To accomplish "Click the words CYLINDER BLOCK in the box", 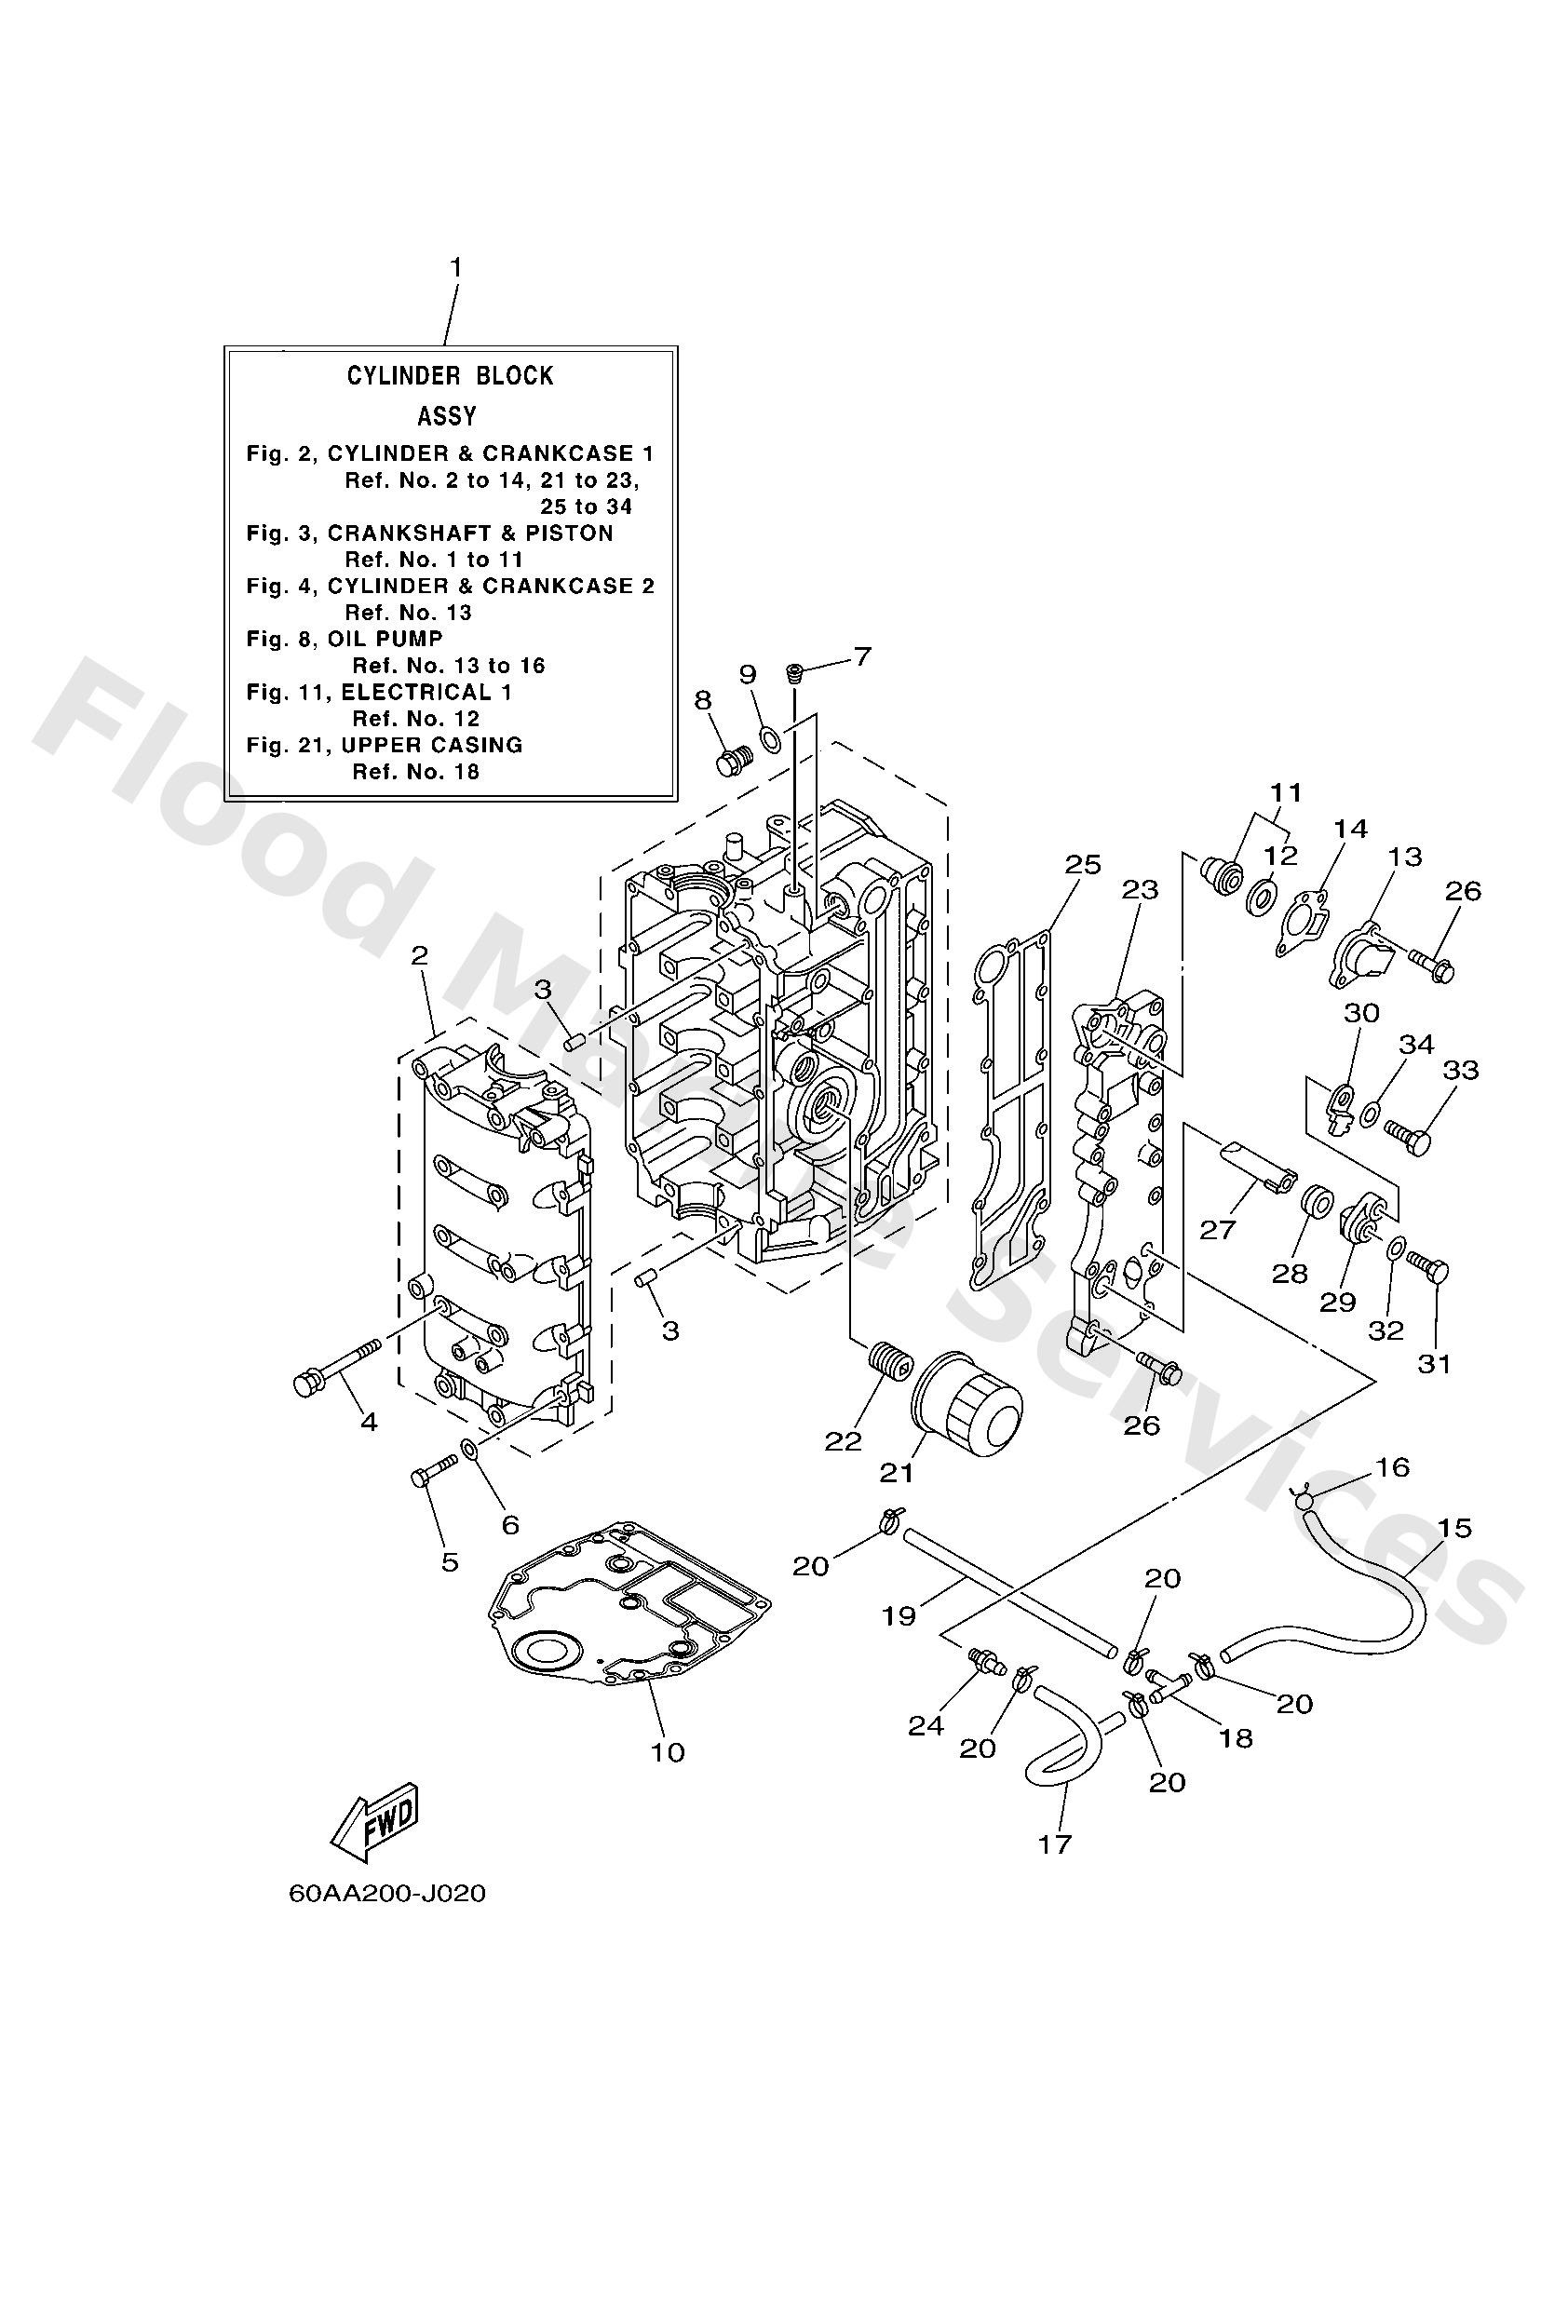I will click(449, 375).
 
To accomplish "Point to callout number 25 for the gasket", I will click(1082, 864).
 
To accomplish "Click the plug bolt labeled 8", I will click(734, 762).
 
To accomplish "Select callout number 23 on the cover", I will click(1140, 889).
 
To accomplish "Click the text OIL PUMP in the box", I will click(385, 639).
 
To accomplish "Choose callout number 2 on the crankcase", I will click(419, 956).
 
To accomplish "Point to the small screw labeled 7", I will click(794, 674).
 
